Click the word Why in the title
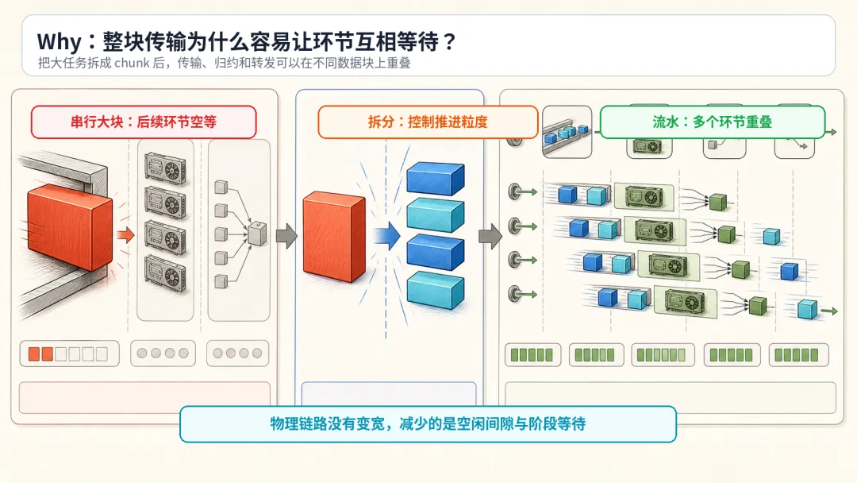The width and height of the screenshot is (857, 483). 59,41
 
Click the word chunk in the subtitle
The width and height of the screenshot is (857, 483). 132,63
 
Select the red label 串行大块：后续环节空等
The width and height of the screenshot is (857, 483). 144,122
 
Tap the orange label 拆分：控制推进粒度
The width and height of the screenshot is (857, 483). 428,122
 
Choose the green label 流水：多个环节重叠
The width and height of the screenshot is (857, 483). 712,122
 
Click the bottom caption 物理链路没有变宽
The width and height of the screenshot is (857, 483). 328,423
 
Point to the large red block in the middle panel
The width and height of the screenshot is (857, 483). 335,236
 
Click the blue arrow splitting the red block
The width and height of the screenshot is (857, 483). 387,236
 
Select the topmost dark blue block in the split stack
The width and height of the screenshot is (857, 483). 436,178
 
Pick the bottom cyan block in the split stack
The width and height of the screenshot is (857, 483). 436,290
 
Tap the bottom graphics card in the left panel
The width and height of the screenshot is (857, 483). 165,273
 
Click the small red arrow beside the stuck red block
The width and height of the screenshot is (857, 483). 125,235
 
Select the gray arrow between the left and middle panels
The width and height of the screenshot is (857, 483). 287,236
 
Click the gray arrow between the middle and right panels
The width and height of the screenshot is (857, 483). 490,236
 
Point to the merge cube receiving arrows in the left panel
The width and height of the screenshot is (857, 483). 257,233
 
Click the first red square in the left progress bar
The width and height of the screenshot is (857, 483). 34,354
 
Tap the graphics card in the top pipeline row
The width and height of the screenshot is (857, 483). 644,196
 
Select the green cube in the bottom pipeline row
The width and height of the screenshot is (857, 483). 758,306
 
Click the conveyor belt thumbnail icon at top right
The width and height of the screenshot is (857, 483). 567,132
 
